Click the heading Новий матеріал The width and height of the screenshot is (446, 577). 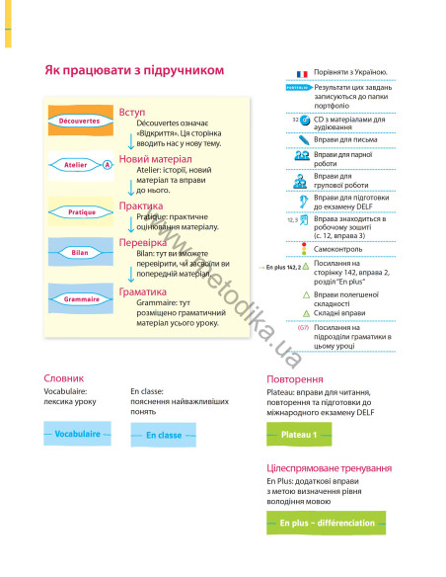coord(155,158)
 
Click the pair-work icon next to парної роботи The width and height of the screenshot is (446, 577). coord(303,157)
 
